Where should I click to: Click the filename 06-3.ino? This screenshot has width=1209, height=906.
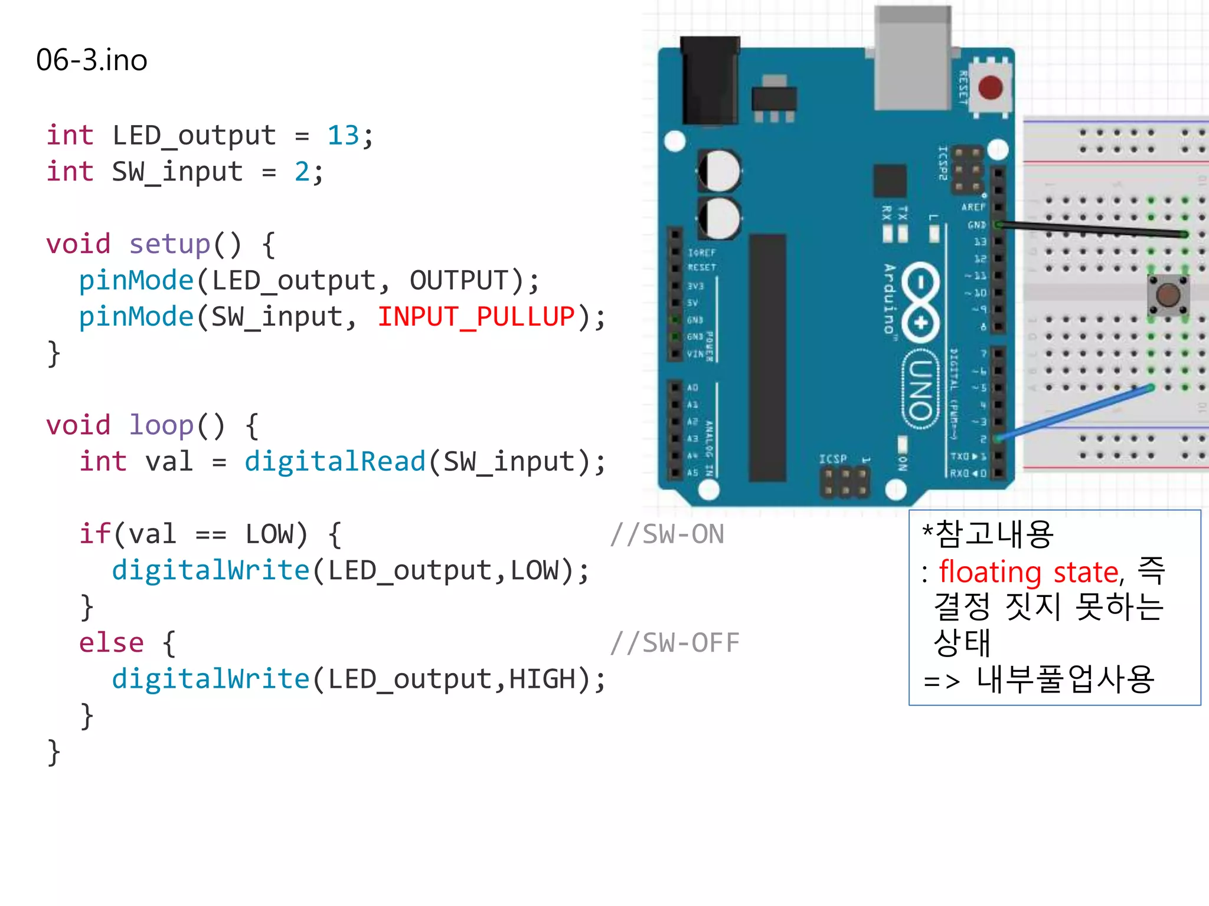pyautogui.click(x=92, y=60)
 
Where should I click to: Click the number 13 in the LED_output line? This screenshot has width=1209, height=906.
pyautogui.click(x=343, y=136)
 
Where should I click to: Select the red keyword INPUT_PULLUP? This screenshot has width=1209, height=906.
pyautogui.click(x=476, y=317)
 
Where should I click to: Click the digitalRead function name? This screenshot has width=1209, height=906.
pyautogui.click(x=335, y=462)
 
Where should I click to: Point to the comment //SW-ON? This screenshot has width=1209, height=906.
pyautogui.click(x=667, y=534)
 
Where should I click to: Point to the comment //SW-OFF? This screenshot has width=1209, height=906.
pyautogui.click(x=675, y=643)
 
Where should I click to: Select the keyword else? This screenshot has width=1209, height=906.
pyautogui.click(x=112, y=643)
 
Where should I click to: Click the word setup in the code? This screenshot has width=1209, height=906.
pyautogui.click(x=169, y=244)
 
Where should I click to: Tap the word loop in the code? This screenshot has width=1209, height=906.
pyautogui.click(x=161, y=425)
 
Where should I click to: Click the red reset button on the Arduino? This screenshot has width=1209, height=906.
pyautogui.click(x=990, y=88)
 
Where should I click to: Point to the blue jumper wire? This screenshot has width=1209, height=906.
pyautogui.click(x=1074, y=412)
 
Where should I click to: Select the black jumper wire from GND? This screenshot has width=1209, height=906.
pyautogui.click(x=1092, y=229)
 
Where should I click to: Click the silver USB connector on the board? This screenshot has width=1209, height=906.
pyautogui.click(x=913, y=59)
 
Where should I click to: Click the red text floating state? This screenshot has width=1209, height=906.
pyautogui.click(x=1028, y=572)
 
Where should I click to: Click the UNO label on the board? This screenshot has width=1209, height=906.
pyautogui.click(x=920, y=389)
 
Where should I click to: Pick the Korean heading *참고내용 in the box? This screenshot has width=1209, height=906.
pyautogui.click(x=988, y=534)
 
